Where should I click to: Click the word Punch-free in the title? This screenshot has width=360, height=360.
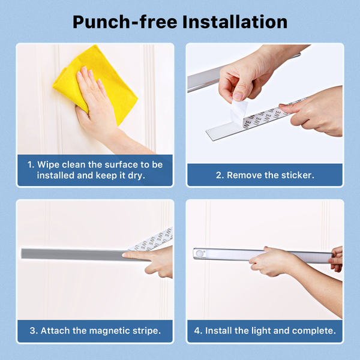click(x=125, y=22)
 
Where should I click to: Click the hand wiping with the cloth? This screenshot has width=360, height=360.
click(x=97, y=103)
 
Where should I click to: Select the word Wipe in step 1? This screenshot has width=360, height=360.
click(x=48, y=164)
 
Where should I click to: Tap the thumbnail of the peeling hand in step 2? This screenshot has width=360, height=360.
click(x=238, y=96)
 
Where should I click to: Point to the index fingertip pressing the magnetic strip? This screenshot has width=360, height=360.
click(x=125, y=254)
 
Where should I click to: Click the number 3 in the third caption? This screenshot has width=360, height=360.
click(x=33, y=331)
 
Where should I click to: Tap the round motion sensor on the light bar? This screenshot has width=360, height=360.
click(x=201, y=254)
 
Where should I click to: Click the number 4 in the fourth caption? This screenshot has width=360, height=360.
click(x=197, y=331)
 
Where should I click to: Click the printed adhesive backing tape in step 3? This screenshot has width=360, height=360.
click(x=152, y=239)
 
